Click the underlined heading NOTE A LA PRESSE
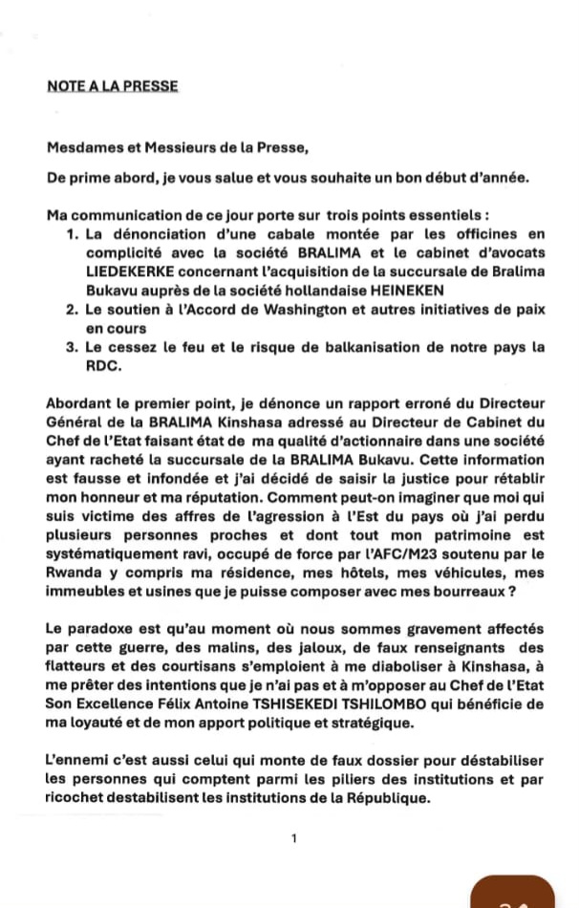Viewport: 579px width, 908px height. pyautogui.click(x=112, y=86)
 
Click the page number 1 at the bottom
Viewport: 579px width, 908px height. pyautogui.click(x=294, y=838)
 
